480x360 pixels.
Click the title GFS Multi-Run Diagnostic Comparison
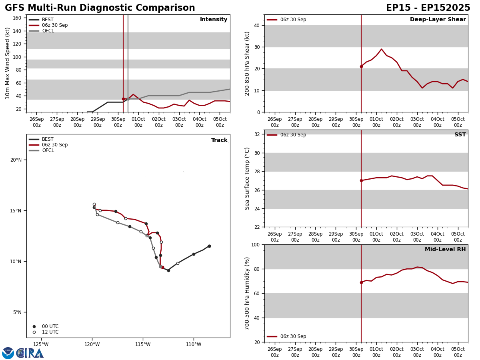tap(100, 8)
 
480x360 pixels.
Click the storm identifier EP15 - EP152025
tap(428, 8)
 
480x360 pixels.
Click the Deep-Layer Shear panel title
tap(438, 20)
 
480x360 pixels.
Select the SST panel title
tap(460, 135)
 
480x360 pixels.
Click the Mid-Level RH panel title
tap(445, 250)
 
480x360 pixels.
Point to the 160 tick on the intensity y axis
tap(17, 18)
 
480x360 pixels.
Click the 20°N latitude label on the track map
tap(16, 160)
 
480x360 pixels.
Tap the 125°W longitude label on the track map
tap(41, 344)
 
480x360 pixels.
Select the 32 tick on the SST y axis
tap(257, 134)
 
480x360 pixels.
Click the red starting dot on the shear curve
tap(361, 66)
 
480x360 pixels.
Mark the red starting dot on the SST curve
tap(361, 180)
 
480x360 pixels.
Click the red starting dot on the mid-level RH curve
tap(361, 282)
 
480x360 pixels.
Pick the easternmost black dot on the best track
tap(209, 246)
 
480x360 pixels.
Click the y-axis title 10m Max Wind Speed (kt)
tap(8, 63)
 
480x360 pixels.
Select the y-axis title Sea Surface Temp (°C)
tap(247, 178)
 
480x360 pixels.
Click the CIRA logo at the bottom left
tap(30, 353)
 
